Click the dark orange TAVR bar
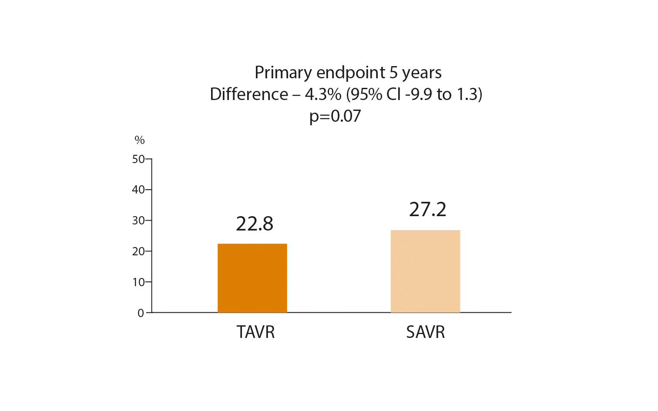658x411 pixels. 252,278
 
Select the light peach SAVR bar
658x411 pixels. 425,271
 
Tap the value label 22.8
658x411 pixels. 255,224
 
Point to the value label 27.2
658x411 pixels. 427,210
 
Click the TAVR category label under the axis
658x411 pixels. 255,332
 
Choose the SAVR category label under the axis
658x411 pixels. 425,332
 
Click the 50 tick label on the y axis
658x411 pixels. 138,159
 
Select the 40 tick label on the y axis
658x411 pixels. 138,190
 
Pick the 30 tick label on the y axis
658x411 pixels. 138,221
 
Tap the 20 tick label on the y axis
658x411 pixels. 138,251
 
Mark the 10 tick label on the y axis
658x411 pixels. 138,282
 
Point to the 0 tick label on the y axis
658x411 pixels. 141,313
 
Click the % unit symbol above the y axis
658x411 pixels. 139,140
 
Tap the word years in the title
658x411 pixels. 422,73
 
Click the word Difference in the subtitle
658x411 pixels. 249,94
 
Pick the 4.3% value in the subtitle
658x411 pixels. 323,94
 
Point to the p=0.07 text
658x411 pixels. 335,116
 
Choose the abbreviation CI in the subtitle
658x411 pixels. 393,94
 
